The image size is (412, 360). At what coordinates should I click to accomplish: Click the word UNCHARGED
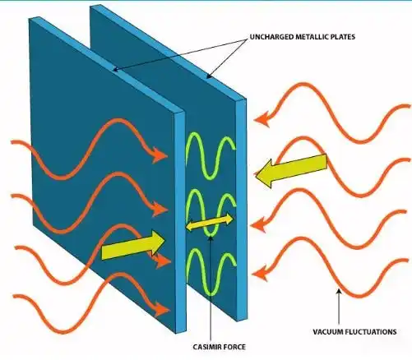pyautogui.click(x=271, y=37)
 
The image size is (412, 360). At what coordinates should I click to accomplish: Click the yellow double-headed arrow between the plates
pyautogui.click(x=210, y=222)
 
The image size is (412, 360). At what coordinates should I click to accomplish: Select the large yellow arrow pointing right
pyautogui.click(x=133, y=246)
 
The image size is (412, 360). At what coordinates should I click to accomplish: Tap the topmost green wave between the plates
pyautogui.click(x=211, y=155)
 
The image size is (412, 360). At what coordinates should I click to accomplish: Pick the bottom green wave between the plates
pyautogui.click(x=211, y=271)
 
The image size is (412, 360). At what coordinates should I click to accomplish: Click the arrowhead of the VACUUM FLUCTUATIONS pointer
pyautogui.click(x=339, y=292)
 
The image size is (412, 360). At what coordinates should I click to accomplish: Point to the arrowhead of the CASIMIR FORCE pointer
pyautogui.click(x=211, y=238)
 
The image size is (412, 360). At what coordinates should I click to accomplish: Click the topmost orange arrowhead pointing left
pyautogui.click(x=262, y=119)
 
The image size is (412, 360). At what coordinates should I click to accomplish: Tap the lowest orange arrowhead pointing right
pyautogui.click(x=162, y=310)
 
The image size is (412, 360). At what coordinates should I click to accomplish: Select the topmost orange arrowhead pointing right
pyautogui.click(x=160, y=155)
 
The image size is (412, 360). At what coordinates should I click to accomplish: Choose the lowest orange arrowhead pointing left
pyautogui.click(x=260, y=274)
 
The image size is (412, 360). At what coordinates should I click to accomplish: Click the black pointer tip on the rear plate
pyautogui.click(x=209, y=76)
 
